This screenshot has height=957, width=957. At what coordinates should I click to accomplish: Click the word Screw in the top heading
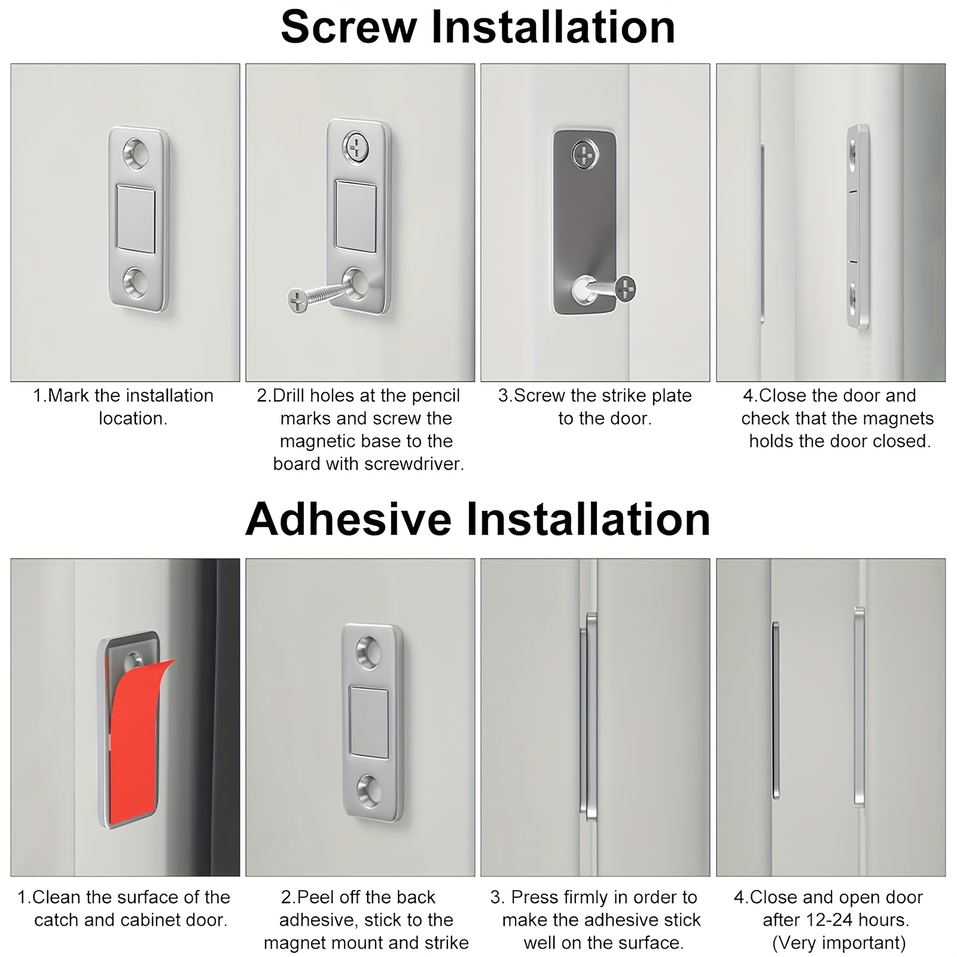(349, 27)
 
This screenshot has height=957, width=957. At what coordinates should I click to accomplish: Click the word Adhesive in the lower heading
(348, 519)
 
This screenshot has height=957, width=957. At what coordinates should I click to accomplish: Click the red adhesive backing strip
(136, 740)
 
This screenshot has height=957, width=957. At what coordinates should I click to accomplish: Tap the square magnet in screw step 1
(136, 219)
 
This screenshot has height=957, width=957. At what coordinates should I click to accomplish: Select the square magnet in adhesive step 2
(369, 723)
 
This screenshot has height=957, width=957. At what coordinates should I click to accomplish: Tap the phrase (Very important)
(839, 943)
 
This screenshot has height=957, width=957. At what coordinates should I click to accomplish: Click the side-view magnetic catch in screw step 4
(859, 227)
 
